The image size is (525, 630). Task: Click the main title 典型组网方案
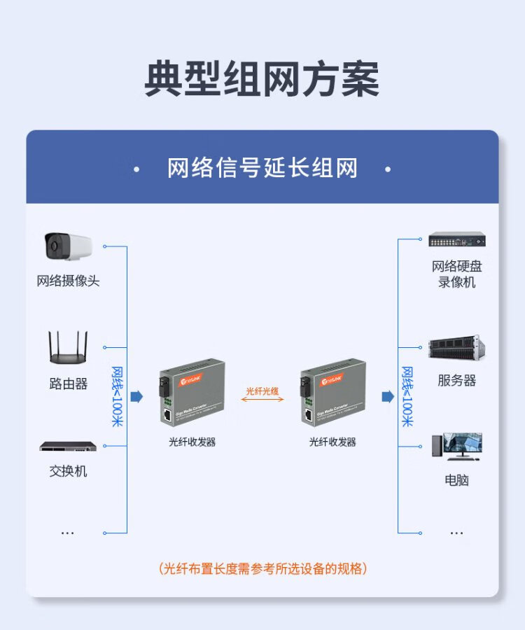(262, 79)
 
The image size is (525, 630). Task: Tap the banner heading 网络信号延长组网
(262, 169)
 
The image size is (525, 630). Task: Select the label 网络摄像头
(68, 281)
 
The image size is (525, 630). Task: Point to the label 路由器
(68, 384)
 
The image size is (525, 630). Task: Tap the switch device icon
(68, 446)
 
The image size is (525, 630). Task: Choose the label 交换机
(68, 471)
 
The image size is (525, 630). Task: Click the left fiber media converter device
(191, 393)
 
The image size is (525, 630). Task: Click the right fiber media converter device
(332, 393)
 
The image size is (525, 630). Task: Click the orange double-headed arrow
(262, 400)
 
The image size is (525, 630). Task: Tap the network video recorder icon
(457, 239)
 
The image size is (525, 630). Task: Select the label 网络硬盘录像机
(457, 274)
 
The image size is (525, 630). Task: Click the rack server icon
(457, 347)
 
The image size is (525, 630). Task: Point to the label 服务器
(457, 381)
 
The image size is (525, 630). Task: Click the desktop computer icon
(457, 446)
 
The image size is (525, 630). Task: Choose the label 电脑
(457, 480)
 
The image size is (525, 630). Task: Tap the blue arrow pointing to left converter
(136, 397)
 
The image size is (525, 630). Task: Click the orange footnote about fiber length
(262, 568)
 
